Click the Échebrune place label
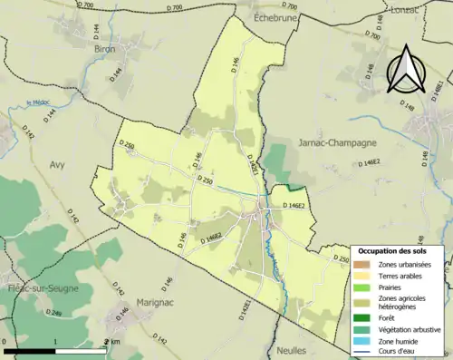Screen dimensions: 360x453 pyautogui.click(x=264, y=15)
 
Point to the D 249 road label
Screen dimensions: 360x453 pyautogui.click(x=54, y=314)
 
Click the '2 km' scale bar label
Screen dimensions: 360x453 pyautogui.click(x=114, y=342)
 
